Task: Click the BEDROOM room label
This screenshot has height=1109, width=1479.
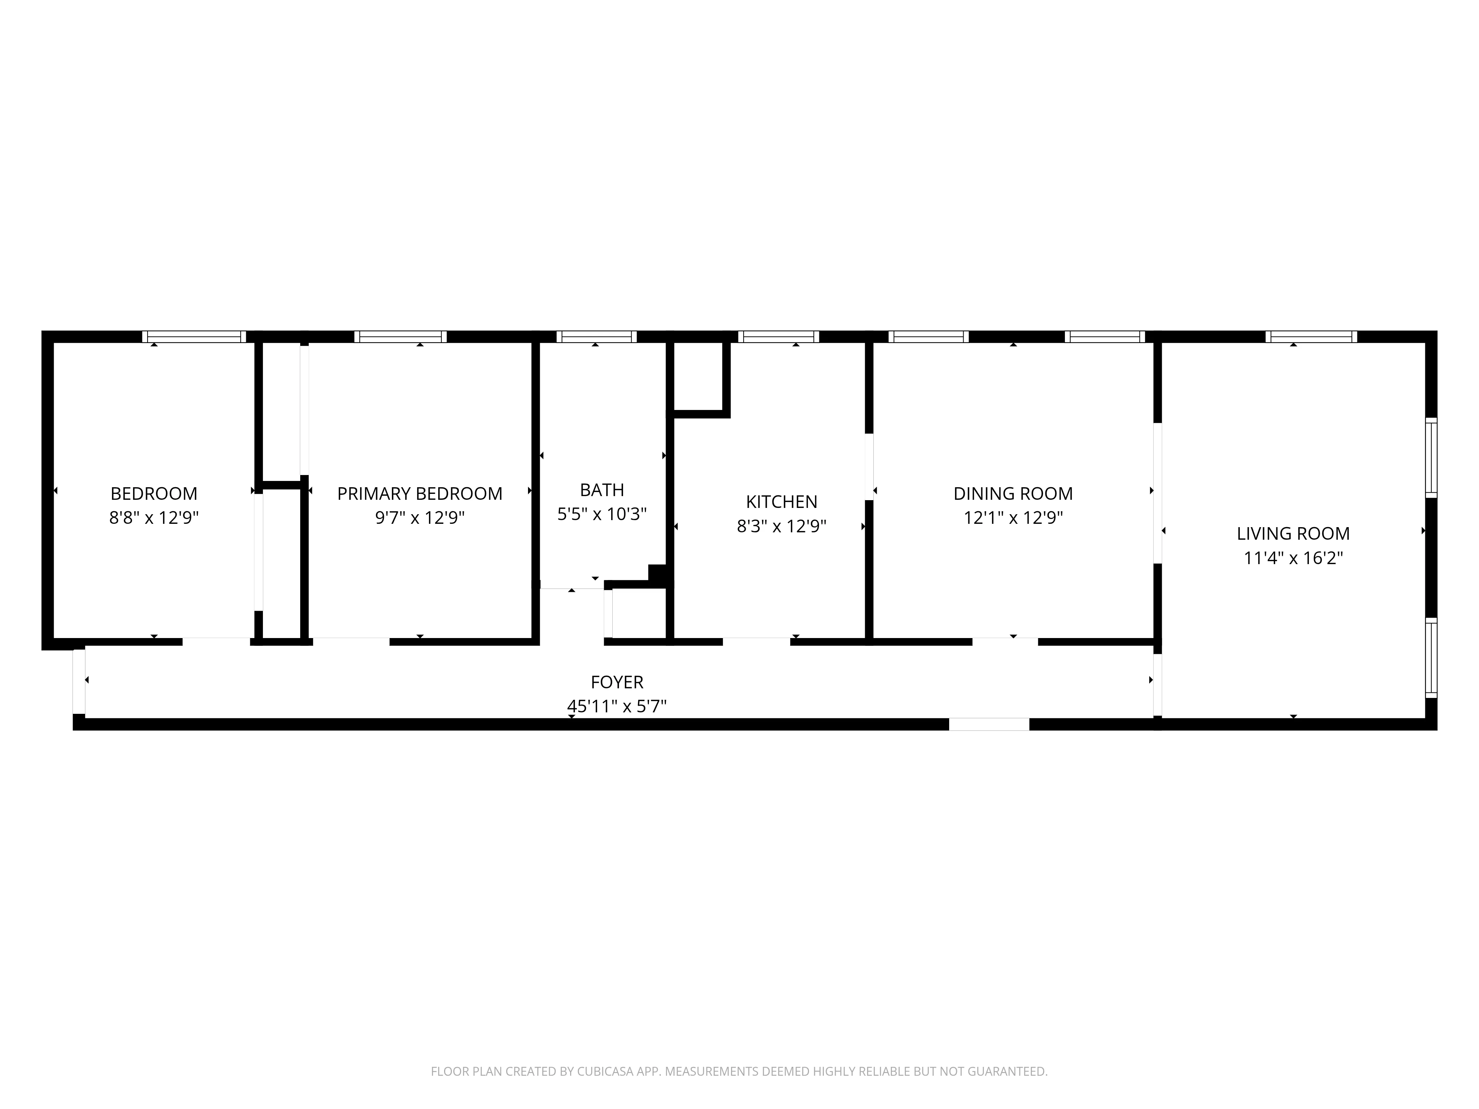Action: point(154,494)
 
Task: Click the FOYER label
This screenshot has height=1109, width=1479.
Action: point(616,682)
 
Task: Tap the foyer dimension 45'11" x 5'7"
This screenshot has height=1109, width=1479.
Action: point(616,706)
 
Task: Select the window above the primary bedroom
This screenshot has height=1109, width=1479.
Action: point(400,337)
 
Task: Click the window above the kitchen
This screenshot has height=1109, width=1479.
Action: point(778,337)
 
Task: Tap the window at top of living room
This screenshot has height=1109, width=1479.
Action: point(1310,337)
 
